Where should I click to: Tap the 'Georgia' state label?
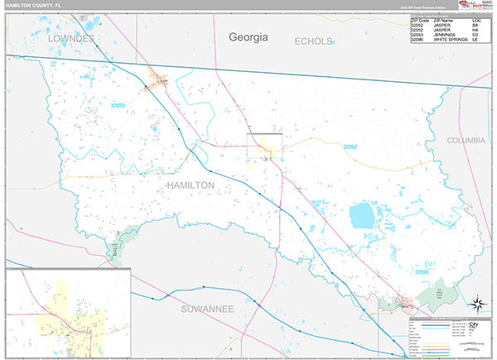(251, 36)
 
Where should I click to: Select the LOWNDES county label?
(72, 39)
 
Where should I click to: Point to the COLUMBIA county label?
(466, 141)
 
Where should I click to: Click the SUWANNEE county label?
(207, 308)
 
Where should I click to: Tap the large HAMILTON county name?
(190, 185)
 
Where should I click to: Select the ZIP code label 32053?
(121, 106)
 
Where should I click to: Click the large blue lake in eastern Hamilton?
(362, 216)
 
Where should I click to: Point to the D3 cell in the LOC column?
(475, 33)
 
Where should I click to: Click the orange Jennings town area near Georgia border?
(157, 82)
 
